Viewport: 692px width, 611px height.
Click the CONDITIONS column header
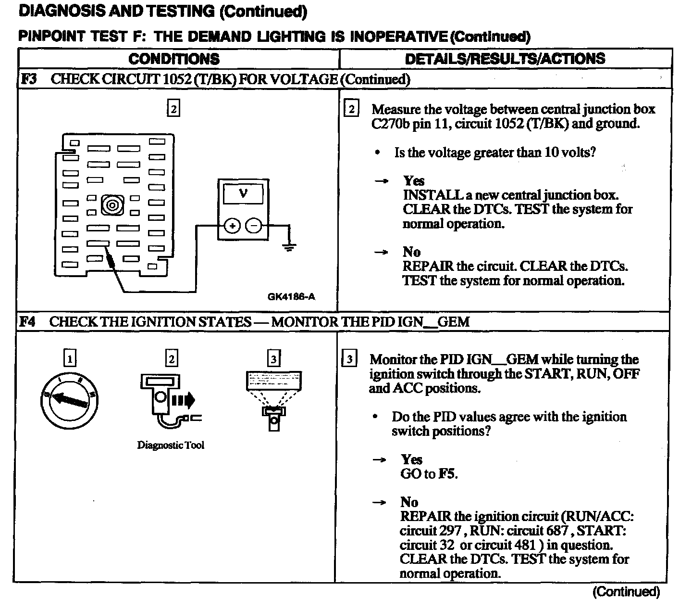174,59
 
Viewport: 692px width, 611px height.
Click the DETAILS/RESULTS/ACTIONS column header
505,59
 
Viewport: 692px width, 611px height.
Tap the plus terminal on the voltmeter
232,226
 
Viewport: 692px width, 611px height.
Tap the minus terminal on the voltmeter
254,226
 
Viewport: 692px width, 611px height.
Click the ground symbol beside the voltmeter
289,248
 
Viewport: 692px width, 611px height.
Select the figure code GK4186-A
291,296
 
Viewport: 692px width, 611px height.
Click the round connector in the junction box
112,205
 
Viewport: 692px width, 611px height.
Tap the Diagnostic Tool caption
171,445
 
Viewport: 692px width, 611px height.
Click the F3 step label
29,79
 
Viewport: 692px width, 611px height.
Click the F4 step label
28,322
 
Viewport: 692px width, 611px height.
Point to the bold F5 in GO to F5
447,474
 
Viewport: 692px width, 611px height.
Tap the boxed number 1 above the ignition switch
70,358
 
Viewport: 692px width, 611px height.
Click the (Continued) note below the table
626,592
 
